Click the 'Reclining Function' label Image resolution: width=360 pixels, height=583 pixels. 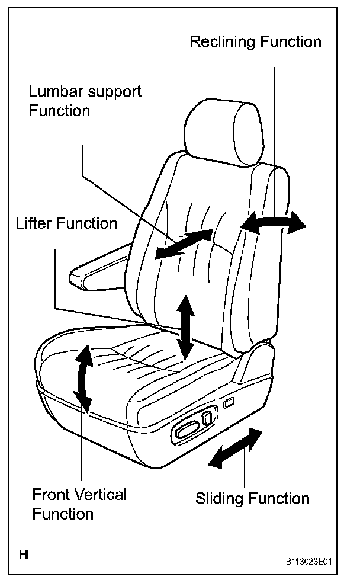click(x=255, y=42)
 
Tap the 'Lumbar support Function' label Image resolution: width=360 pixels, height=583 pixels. click(x=85, y=101)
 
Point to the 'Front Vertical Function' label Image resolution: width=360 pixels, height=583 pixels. click(x=79, y=504)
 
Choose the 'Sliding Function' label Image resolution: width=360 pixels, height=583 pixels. click(x=252, y=498)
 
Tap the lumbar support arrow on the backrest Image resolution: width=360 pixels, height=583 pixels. click(x=183, y=244)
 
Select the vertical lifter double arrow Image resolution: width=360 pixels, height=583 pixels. click(x=186, y=326)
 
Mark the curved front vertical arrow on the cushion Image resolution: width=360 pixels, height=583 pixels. click(x=84, y=379)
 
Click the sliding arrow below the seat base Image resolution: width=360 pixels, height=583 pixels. click(x=237, y=449)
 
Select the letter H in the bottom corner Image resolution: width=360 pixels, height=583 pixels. click(x=24, y=555)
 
